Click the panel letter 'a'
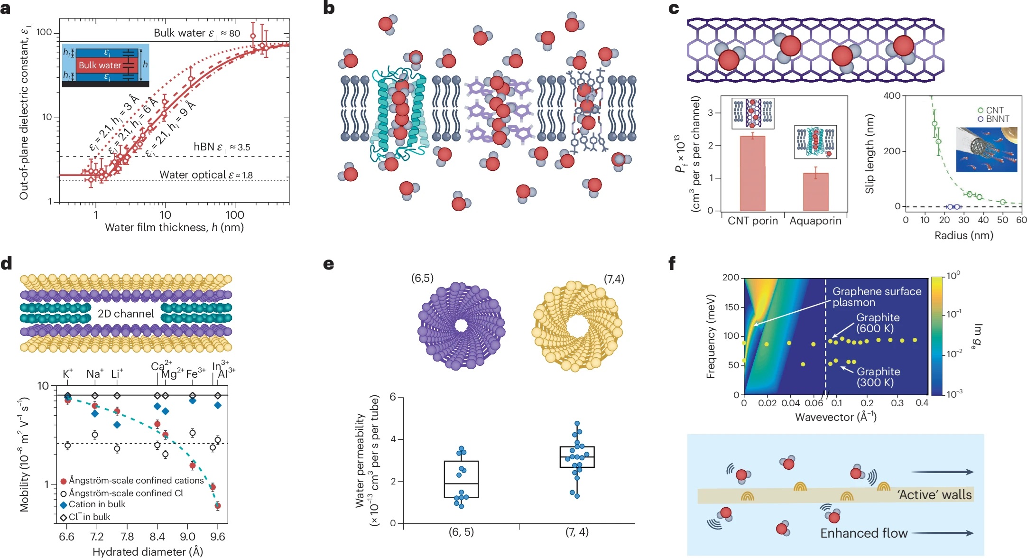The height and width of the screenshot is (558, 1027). point(6,9)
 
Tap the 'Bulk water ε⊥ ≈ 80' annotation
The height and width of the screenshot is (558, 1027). point(196,33)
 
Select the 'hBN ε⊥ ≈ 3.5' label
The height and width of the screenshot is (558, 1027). point(222,147)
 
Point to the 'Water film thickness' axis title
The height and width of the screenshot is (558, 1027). point(174,228)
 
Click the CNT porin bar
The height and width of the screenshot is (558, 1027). point(752,173)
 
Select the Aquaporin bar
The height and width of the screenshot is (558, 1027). point(815,192)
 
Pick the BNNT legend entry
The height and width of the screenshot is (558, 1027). point(993,119)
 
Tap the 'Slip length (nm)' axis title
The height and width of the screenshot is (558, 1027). point(870,154)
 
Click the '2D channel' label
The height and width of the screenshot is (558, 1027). point(126,314)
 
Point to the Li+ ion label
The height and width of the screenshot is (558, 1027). point(116,374)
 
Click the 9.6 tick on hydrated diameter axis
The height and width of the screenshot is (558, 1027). point(218,537)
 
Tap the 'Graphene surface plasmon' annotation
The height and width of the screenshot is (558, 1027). point(877,297)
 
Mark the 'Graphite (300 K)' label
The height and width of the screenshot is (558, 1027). point(878,377)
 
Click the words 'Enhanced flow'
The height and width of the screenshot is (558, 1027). point(864,533)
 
